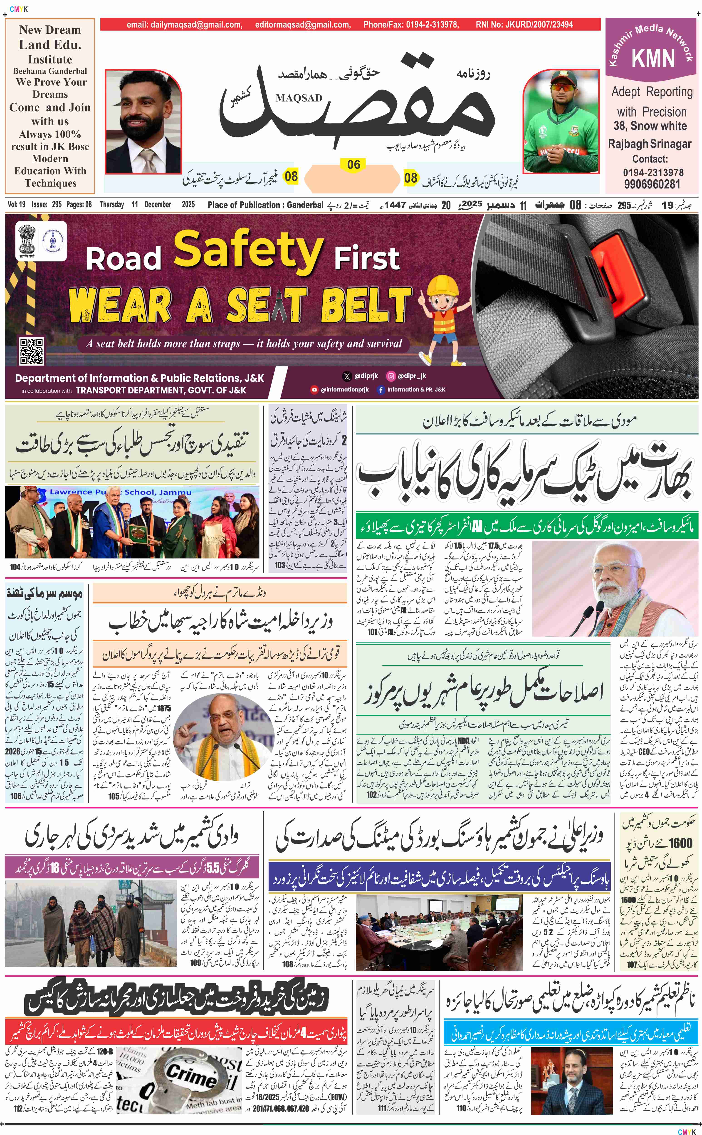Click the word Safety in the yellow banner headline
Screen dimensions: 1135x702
point(248,251)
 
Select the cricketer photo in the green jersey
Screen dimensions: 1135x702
point(561,122)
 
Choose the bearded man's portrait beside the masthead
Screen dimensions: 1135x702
point(143,122)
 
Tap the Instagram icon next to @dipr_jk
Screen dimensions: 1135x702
point(391,376)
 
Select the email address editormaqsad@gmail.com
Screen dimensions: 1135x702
point(303,25)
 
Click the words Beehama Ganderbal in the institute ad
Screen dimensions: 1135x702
point(50,71)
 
